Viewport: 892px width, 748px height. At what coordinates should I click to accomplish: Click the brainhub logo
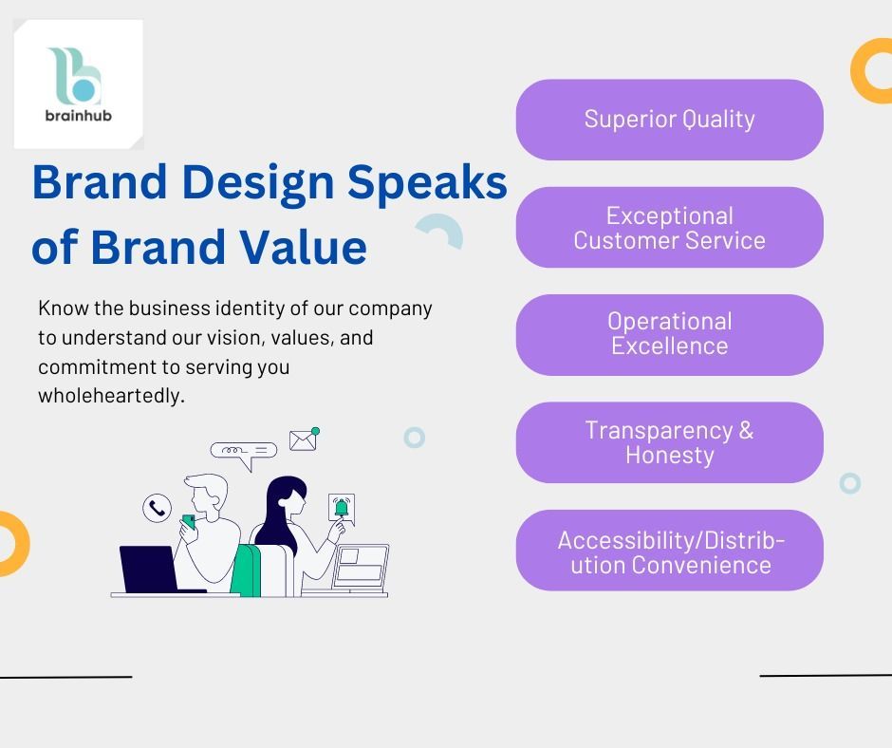(77, 84)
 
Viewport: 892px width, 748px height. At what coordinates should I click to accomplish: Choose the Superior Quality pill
(669, 120)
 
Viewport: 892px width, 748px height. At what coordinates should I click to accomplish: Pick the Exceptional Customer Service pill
(669, 228)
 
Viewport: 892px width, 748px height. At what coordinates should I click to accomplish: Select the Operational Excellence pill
(669, 334)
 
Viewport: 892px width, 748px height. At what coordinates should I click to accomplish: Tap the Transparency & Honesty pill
(669, 442)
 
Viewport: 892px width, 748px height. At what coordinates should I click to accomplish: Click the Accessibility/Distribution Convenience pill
(669, 551)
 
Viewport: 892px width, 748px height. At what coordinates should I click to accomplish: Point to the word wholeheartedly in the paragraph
(111, 396)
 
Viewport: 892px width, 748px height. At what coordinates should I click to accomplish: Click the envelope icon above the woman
(303, 440)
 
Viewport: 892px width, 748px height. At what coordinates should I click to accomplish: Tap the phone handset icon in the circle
(157, 508)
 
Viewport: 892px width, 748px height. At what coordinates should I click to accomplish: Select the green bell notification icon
(342, 508)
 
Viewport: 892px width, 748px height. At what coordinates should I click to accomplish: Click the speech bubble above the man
(243, 452)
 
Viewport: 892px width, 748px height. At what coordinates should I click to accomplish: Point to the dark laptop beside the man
(148, 569)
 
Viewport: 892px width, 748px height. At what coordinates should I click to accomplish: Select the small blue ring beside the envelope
(414, 438)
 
